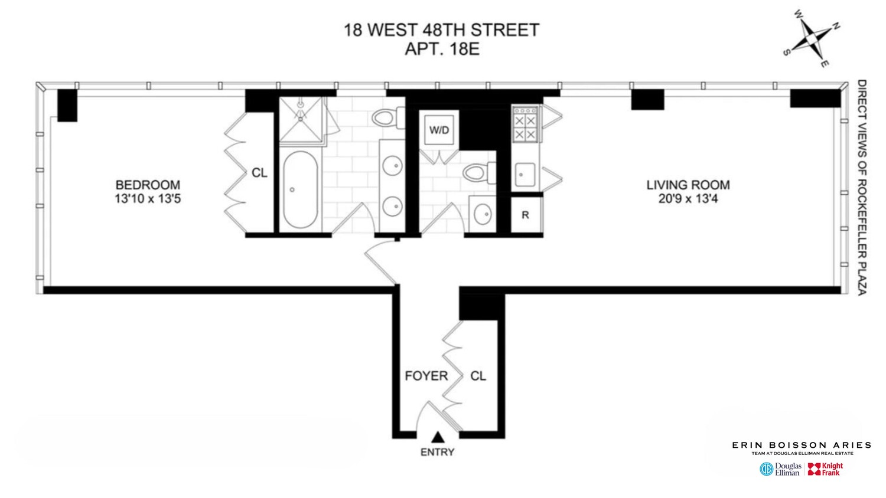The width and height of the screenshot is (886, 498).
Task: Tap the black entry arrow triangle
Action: pos(438,437)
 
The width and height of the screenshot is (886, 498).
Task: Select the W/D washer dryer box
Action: pos(439,130)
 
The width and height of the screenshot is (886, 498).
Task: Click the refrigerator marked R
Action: pos(525,215)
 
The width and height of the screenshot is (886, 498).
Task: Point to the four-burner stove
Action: pos(525,124)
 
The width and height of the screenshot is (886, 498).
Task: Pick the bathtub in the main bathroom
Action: pos(300,189)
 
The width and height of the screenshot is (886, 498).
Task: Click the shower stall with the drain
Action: pos(301,120)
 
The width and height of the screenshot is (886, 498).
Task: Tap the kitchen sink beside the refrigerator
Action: pos(524,174)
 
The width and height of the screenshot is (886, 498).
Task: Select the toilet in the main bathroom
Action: pos(387,117)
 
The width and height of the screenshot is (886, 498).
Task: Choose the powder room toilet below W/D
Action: pos(479,172)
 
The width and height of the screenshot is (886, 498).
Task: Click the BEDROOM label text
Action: pos(148,185)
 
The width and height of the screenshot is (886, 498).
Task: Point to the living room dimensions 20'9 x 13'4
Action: pos(688,199)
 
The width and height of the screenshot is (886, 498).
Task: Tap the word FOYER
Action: pos(426,376)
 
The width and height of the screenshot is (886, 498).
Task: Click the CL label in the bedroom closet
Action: pos(259,173)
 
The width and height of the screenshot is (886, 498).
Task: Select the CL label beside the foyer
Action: pos(478,376)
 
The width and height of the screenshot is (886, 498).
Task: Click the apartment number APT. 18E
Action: pos(441,49)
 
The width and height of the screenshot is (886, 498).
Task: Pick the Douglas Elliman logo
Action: pos(780,469)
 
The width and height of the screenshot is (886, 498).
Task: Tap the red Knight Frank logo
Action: pos(825,469)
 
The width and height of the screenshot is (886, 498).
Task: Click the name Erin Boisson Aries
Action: pos(802,445)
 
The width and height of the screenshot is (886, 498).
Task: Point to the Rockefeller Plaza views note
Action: pos(861,188)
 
